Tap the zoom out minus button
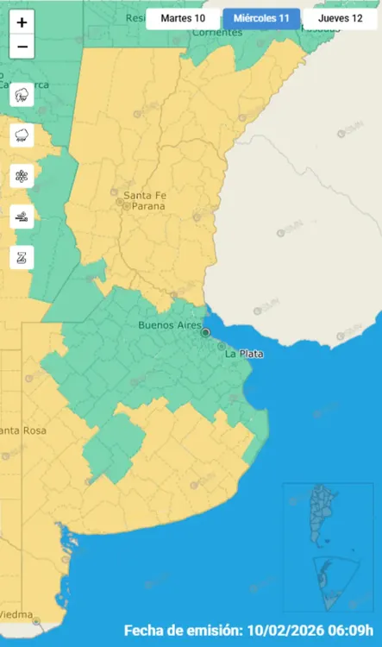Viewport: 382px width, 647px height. tap(22, 47)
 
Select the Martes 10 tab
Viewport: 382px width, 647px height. tap(183, 18)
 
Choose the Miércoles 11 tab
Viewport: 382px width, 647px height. tap(261, 18)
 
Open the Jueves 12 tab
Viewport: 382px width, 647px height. tap(340, 18)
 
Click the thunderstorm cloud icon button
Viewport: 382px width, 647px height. tap(22, 94)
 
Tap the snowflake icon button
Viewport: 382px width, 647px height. tap(22, 176)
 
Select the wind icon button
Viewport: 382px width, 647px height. tap(22, 217)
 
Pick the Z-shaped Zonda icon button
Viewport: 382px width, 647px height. tap(22, 257)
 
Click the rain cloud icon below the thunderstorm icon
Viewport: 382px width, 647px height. tap(22, 135)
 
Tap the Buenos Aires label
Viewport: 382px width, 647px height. tap(169, 325)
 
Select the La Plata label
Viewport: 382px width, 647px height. tap(244, 355)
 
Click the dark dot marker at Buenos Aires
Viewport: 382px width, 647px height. tap(205, 332)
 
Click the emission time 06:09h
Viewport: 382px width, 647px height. tap(354, 631)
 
